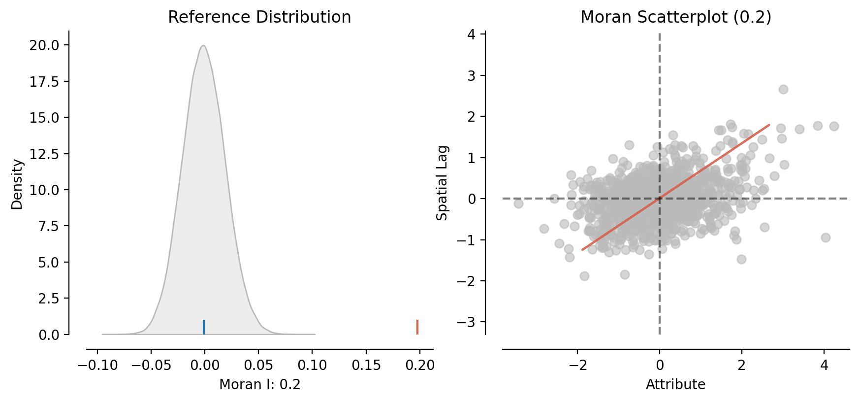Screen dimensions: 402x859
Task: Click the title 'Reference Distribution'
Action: pos(259,17)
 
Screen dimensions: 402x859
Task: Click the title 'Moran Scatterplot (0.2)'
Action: pos(675,17)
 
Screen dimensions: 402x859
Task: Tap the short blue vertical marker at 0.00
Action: pos(204,327)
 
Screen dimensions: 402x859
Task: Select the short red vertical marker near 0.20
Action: pos(417,327)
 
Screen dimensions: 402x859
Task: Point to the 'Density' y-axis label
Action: pos(17,184)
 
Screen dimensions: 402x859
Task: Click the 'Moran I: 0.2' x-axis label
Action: pos(259,384)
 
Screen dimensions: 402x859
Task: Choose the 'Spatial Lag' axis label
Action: pos(443,183)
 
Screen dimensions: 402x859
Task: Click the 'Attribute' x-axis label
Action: pos(675,384)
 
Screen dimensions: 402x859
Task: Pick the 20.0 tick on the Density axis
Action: pos(44,45)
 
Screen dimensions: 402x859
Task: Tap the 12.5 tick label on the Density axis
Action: pos(44,154)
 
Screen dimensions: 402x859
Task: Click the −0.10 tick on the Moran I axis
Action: pos(97,365)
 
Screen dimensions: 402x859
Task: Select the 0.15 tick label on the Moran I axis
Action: pos(366,365)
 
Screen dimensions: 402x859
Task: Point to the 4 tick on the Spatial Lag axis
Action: pos(472,34)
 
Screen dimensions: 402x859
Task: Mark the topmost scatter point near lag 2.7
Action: pos(783,89)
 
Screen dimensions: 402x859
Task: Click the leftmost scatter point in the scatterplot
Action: pos(518,203)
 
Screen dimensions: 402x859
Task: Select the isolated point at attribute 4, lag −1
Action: pos(826,237)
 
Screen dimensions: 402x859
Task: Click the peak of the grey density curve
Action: pos(203,46)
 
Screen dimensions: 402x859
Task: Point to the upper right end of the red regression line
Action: pos(769,125)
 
